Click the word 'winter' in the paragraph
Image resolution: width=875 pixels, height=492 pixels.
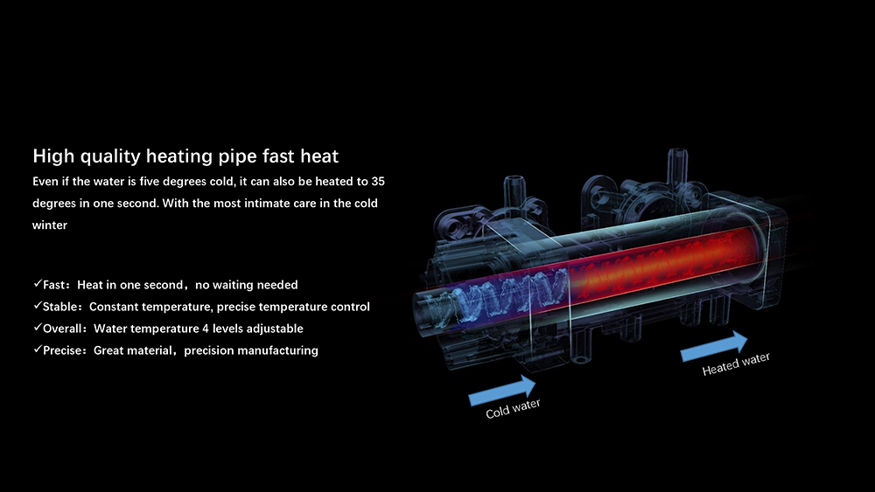coord(50,225)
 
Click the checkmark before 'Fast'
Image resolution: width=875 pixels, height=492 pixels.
coord(37,285)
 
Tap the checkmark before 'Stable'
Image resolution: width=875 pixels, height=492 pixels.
coord(37,307)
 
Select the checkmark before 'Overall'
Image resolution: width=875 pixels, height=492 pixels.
coord(37,329)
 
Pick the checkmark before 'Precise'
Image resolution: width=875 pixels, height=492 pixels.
coord(37,350)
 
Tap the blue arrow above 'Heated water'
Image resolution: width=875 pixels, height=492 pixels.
coord(714,346)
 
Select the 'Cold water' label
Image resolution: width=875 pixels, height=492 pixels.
coord(514,408)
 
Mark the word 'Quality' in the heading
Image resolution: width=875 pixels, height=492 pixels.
coord(109,157)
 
